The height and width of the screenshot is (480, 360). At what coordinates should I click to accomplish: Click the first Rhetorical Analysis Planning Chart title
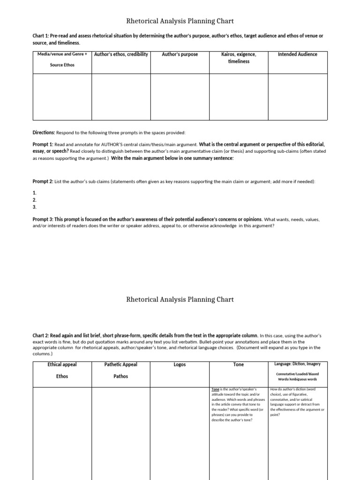point(180,21)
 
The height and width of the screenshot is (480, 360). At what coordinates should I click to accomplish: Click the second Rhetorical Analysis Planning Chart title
point(180,300)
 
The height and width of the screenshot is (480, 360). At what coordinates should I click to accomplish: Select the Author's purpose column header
point(180,54)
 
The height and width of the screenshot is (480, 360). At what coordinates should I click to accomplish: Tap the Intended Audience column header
point(297,54)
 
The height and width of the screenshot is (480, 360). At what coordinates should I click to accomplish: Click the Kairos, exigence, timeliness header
point(239,58)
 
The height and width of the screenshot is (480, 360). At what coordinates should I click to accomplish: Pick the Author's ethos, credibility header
point(121,54)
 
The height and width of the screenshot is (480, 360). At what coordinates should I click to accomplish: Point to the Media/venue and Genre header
point(62,54)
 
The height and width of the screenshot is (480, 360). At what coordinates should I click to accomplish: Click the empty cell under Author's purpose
point(180,97)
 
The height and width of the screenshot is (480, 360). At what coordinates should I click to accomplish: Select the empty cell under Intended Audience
point(297,97)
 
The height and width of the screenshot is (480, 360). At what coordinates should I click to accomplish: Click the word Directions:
point(44,133)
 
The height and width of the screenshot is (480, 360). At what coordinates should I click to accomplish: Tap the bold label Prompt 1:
point(43,144)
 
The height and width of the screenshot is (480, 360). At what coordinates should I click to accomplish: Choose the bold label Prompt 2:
point(43,181)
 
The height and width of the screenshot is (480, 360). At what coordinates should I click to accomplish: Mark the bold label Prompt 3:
point(43,219)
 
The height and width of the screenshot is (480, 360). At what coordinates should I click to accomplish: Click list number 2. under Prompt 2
point(34,200)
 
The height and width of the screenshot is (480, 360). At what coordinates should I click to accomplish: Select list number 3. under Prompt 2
point(34,207)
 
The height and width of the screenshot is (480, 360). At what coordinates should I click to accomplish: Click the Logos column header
point(180,365)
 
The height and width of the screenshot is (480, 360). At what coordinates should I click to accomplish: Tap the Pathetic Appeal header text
point(121,365)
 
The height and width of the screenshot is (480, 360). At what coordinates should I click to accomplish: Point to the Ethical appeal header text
point(62,364)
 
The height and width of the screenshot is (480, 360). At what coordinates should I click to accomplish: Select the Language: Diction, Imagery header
point(297,364)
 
